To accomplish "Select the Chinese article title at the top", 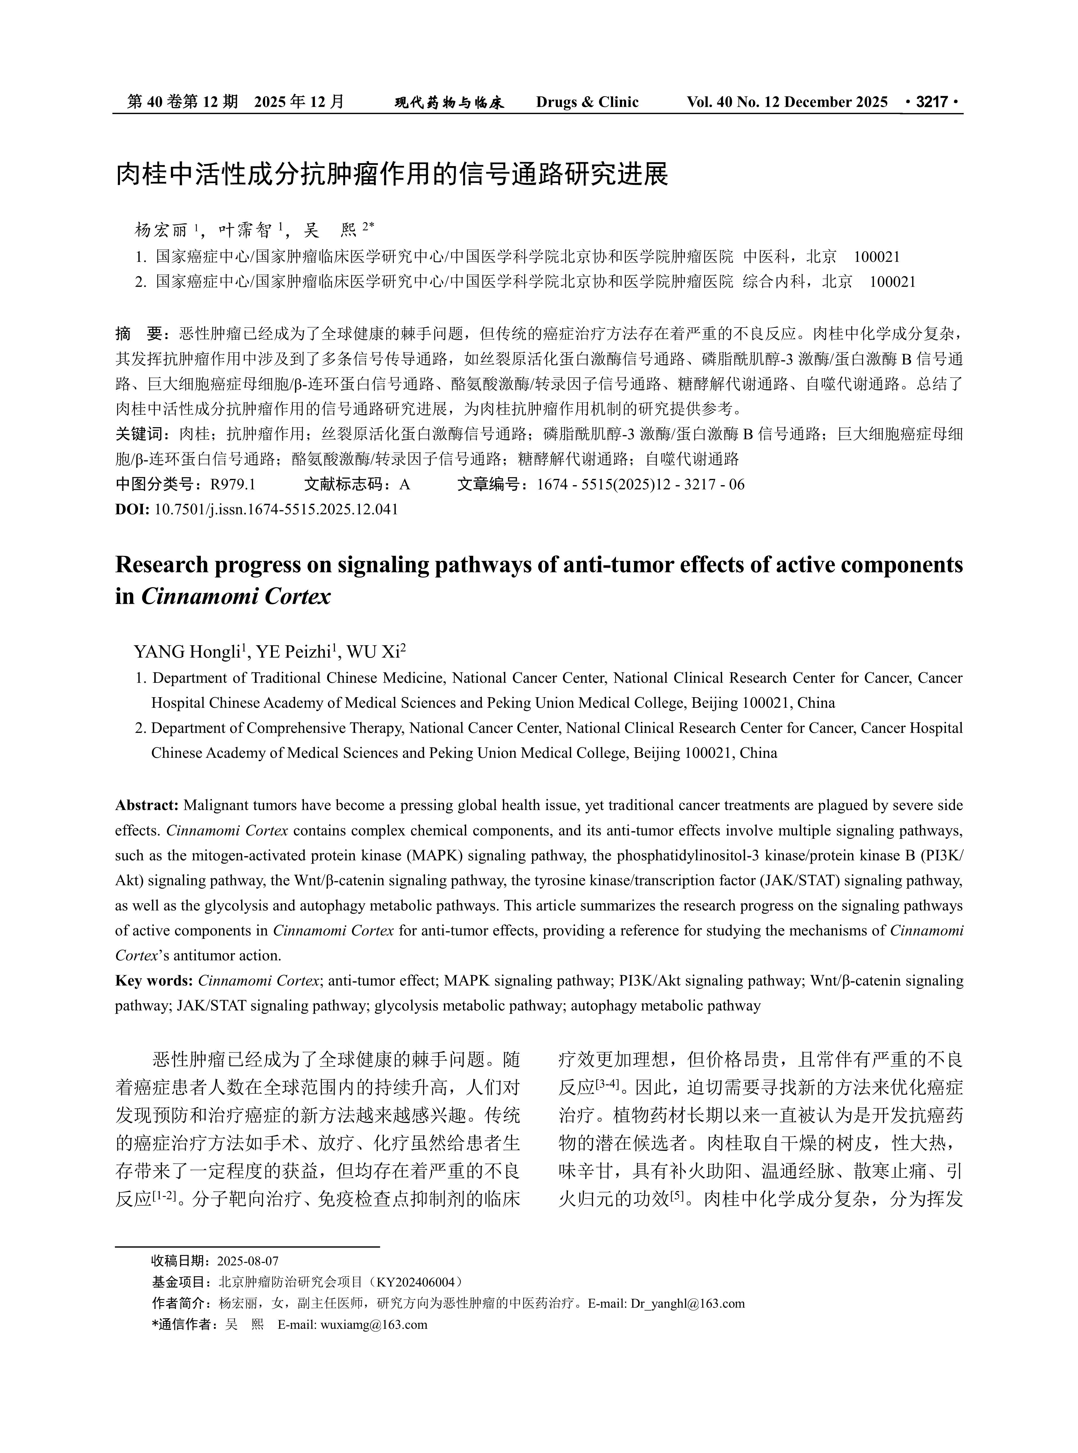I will (x=392, y=174).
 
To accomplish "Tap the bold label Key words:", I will (x=154, y=981).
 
